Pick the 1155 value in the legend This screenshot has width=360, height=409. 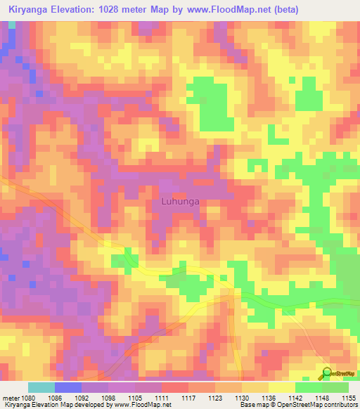[349, 398]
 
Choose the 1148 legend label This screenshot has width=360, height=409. [322, 398]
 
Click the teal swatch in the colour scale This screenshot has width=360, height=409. [41, 387]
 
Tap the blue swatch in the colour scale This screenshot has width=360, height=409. [68, 387]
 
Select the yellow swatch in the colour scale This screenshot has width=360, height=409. [281, 387]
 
